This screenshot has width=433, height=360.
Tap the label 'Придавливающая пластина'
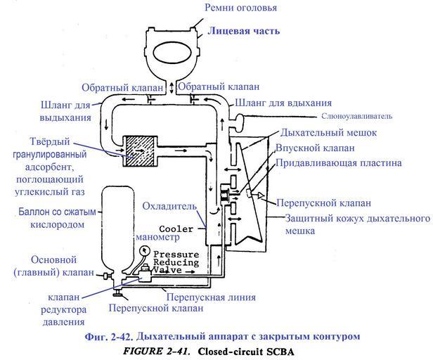click(340, 163)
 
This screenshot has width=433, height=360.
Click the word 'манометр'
click(172, 238)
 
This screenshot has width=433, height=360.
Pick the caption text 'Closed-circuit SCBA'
click(254, 349)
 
